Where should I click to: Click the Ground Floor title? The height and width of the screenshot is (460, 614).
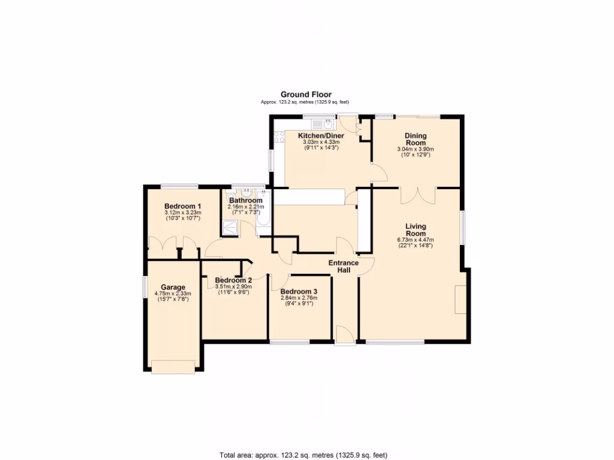(x=306, y=95)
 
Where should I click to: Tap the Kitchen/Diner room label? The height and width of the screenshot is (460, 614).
(x=321, y=136)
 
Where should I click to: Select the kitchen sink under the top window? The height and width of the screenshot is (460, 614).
(x=327, y=124)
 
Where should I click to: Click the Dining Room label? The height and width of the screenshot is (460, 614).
(x=415, y=139)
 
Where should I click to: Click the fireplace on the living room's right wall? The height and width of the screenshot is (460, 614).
(x=460, y=299)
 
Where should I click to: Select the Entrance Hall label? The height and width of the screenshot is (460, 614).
(x=344, y=267)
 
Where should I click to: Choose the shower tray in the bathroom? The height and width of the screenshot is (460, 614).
(x=230, y=228)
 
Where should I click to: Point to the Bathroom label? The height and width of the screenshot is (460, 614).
(x=246, y=201)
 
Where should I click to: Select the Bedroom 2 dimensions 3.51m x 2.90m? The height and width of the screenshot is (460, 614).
(x=233, y=287)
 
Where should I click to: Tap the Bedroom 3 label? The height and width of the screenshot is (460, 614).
(x=299, y=292)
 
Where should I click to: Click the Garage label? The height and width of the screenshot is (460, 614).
(x=173, y=287)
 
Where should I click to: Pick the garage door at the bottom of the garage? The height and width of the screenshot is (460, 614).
(x=173, y=367)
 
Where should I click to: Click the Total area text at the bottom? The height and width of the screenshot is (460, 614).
(x=308, y=455)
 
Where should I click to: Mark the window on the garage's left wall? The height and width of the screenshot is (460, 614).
(x=143, y=286)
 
